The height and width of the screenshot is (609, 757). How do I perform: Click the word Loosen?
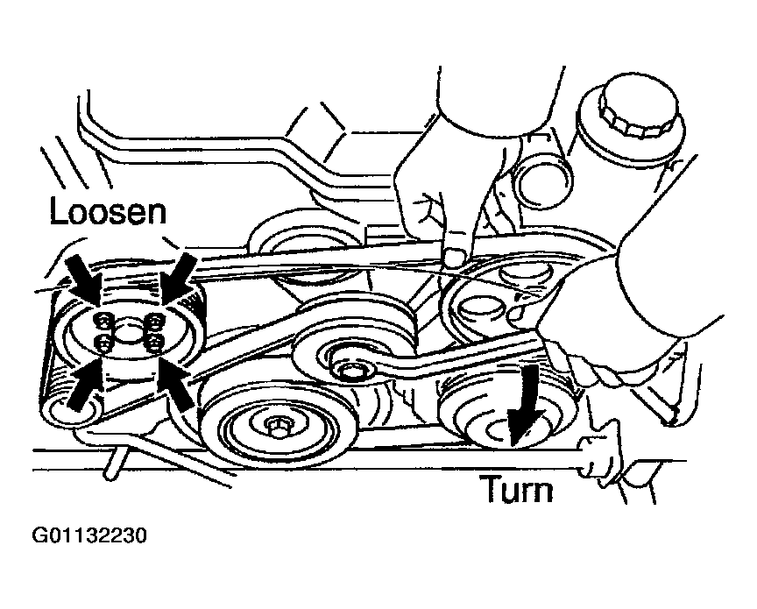tap(108, 212)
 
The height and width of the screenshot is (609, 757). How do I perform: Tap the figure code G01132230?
tap(89, 536)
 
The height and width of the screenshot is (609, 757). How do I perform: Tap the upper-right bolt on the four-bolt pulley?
tap(154, 320)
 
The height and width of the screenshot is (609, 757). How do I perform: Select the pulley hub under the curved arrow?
tap(502, 428)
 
